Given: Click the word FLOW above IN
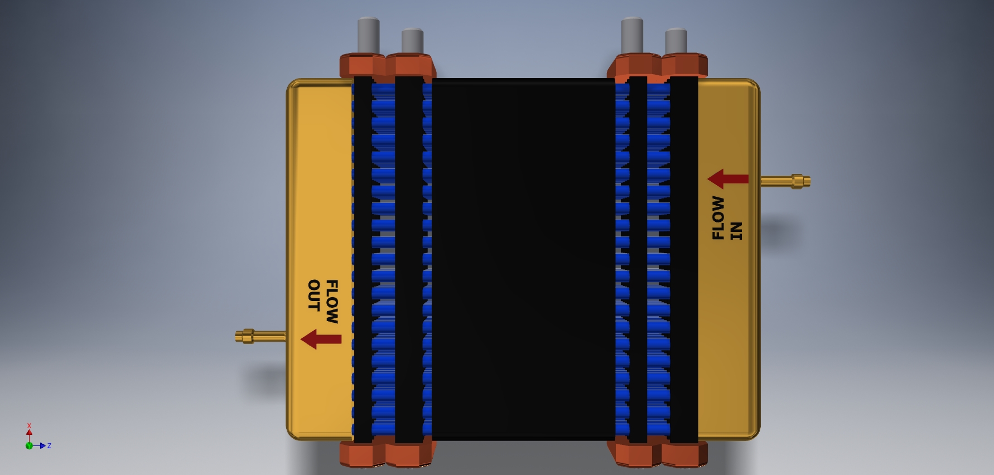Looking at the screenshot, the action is [x=718, y=218].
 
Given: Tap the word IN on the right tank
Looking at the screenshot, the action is [x=736, y=231].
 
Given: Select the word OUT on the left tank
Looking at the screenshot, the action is [x=313, y=295].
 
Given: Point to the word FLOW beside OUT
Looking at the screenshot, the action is [x=331, y=302].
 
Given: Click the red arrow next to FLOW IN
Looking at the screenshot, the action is [x=728, y=179].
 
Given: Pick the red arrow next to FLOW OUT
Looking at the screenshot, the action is [x=321, y=339].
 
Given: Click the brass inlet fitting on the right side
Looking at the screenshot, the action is [x=785, y=181].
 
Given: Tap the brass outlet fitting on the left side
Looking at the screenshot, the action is [x=260, y=336].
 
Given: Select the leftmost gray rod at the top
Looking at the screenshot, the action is [x=368, y=36].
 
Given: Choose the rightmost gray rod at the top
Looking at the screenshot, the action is [x=676, y=41].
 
